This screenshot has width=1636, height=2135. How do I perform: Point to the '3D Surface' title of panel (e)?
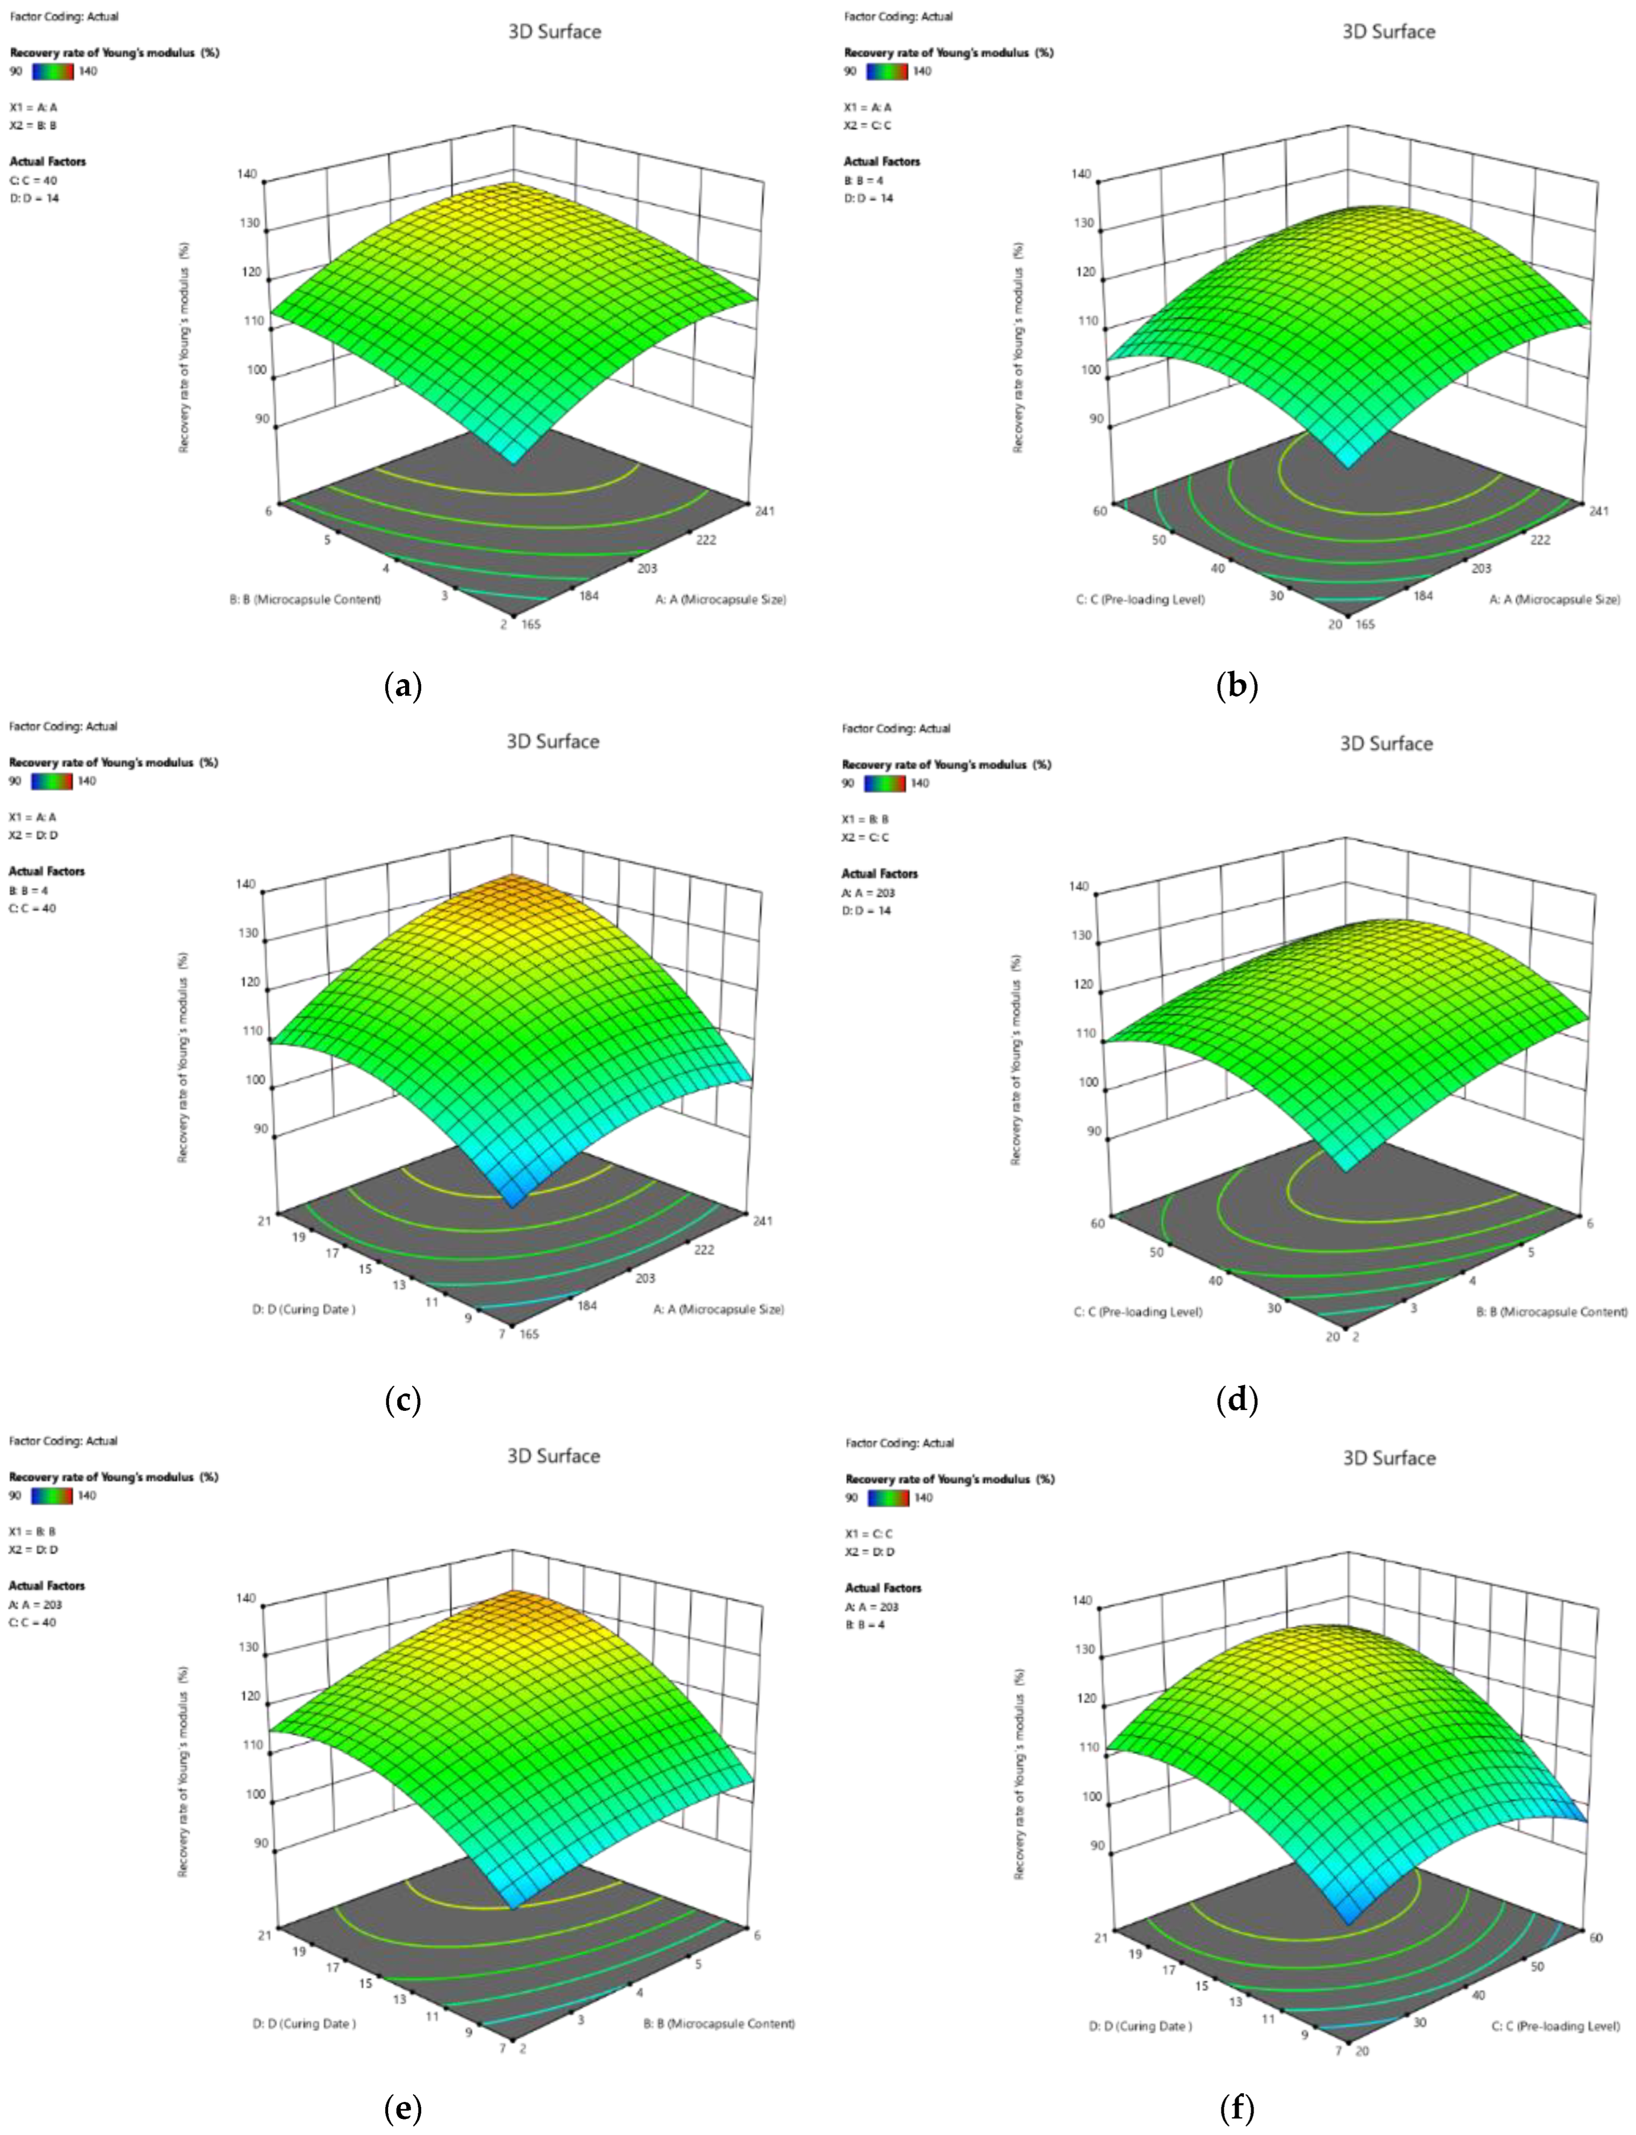point(553,1455)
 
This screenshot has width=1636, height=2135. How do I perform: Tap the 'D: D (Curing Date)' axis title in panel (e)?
point(305,2023)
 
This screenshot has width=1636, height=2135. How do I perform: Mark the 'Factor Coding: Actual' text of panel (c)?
point(63,726)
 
